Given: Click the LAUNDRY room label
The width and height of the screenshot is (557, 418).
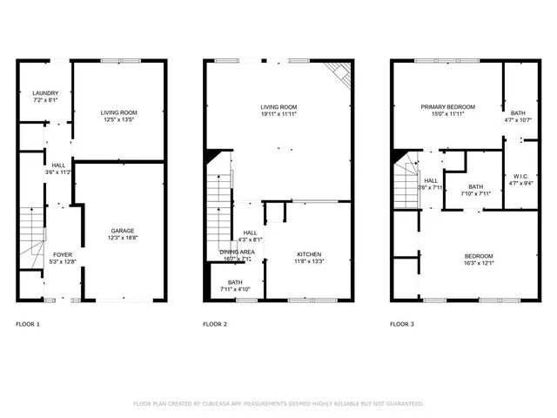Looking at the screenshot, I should (x=44, y=93).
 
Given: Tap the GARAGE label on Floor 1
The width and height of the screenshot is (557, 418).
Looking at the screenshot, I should (x=123, y=230).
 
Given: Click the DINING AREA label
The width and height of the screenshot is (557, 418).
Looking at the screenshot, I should (x=237, y=252).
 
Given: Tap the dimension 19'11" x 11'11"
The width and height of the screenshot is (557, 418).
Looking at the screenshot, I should (x=278, y=114).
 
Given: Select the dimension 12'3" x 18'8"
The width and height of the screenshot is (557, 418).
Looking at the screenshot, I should (x=123, y=237).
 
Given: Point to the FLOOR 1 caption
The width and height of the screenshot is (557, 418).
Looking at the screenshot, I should (x=28, y=325).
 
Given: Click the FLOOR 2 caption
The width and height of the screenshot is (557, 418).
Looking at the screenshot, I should (x=215, y=325).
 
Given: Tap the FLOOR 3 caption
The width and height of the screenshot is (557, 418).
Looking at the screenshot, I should (x=402, y=325).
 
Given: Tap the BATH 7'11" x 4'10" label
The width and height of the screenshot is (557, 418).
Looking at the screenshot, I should (x=235, y=286).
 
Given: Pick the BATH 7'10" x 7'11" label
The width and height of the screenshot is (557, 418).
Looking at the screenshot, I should (x=475, y=190).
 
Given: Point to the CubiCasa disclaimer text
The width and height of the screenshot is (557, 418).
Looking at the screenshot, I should (x=278, y=404).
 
